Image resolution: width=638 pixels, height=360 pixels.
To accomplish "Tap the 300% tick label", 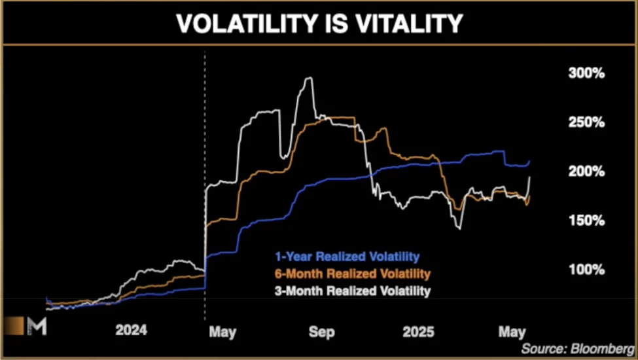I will [x=586, y=73].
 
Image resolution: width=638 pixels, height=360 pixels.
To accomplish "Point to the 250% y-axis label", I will [x=586, y=122].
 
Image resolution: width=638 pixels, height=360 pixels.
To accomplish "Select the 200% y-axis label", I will [x=586, y=171].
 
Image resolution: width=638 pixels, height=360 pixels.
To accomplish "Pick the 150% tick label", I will [x=586, y=221].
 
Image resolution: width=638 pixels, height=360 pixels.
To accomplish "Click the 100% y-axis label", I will [x=586, y=270].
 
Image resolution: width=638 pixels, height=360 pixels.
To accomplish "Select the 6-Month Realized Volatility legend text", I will [x=352, y=272].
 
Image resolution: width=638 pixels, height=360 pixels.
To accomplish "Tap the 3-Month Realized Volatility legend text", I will [x=352, y=290].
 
